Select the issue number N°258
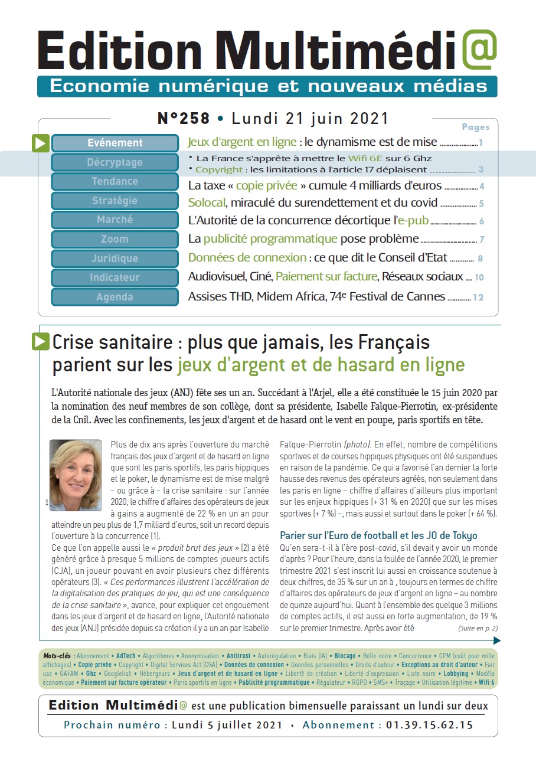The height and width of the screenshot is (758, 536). [x=184, y=119]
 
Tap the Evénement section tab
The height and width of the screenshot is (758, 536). [x=115, y=143]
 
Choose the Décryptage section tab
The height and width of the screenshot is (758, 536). [x=115, y=162]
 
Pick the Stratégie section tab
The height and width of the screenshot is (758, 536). [x=115, y=201]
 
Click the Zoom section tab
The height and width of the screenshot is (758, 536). [x=115, y=239]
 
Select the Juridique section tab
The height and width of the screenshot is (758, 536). [x=115, y=259]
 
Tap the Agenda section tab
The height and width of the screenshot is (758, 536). [x=115, y=297]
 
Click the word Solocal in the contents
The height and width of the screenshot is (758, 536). [x=207, y=203]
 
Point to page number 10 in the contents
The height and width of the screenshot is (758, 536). [x=479, y=277]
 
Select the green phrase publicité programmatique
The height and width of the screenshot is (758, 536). [x=270, y=239]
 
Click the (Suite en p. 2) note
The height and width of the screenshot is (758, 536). [x=478, y=628]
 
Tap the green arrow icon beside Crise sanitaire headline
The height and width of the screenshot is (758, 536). [x=41, y=341]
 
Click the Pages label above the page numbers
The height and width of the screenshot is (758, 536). [x=475, y=127]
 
